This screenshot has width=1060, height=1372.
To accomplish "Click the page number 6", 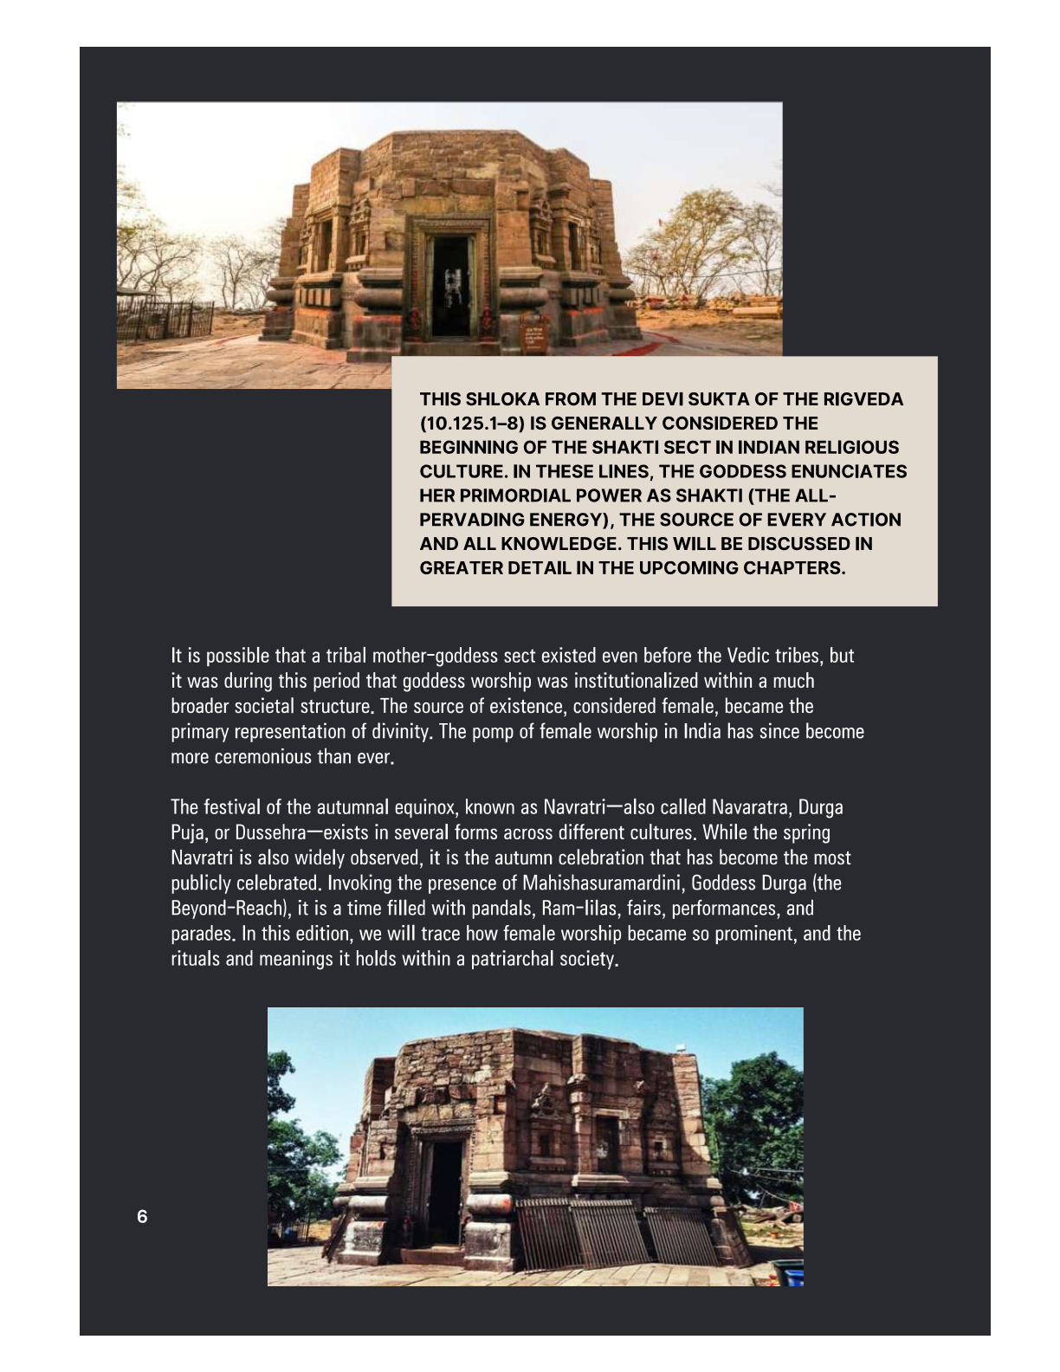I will pos(142,1216).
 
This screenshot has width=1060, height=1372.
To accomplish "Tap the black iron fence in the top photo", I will pos(165,320).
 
